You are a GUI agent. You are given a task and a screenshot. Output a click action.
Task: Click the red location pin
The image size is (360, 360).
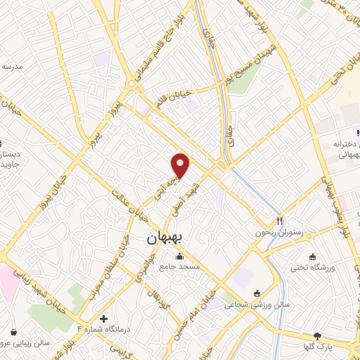[x=181, y=165]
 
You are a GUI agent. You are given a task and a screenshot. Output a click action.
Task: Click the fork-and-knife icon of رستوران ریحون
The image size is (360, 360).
[x=280, y=220]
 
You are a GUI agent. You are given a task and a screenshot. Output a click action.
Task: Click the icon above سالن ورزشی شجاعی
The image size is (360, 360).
[x=257, y=293]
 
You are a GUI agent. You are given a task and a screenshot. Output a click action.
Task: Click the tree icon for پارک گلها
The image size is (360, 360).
[x=317, y=335]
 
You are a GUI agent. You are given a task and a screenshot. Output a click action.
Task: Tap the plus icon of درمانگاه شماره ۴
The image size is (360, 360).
[x=103, y=318]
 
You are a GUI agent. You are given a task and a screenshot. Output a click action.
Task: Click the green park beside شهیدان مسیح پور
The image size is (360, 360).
[x=242, y=80]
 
